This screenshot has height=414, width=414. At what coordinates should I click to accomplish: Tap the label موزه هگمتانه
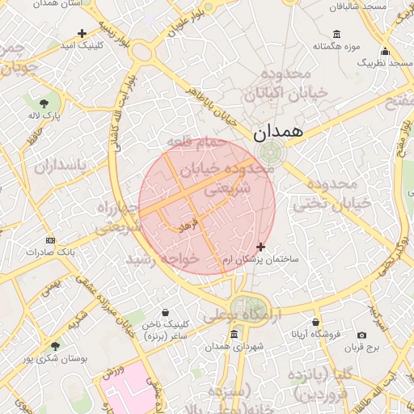(x=337, y=47)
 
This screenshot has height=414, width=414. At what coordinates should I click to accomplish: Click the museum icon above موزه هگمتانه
(x=336, y=34)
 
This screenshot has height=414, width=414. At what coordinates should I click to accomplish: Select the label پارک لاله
(x=45, y=116)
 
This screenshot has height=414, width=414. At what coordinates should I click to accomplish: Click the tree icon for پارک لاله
(x=44, y=103)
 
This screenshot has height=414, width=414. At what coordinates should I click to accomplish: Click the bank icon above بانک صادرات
(x=50, y=240)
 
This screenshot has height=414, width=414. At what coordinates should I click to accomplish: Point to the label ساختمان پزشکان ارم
(x=261, y=260)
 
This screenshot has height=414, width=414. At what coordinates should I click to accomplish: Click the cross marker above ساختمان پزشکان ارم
(x=260, y=246)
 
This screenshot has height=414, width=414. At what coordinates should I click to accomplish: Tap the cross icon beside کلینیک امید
(x=82, y=33)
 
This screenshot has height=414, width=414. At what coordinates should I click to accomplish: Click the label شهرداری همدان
(x=234, y=346)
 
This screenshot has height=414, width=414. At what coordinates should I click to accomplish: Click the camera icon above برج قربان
(x=361, y=335)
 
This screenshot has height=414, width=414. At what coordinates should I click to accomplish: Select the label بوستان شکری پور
(x=57, y=357)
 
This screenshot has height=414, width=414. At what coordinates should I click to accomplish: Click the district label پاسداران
(x=59, y=166)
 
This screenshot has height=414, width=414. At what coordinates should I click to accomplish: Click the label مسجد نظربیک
(x=385, y=61)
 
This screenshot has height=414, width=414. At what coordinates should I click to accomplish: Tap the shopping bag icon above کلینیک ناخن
(x=166, y=312)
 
